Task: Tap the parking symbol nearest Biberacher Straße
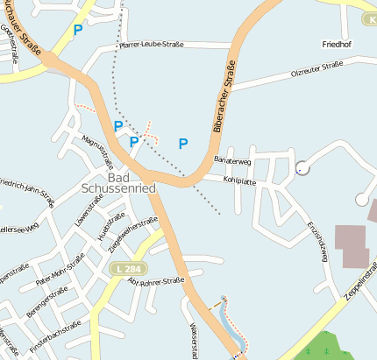(184, 143)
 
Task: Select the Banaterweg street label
(232, 161)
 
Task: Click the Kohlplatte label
(239, 181)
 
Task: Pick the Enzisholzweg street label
(317, 238)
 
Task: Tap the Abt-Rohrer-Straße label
(155, 281)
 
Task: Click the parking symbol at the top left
(77, 30)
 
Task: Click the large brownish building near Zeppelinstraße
(352, 246)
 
